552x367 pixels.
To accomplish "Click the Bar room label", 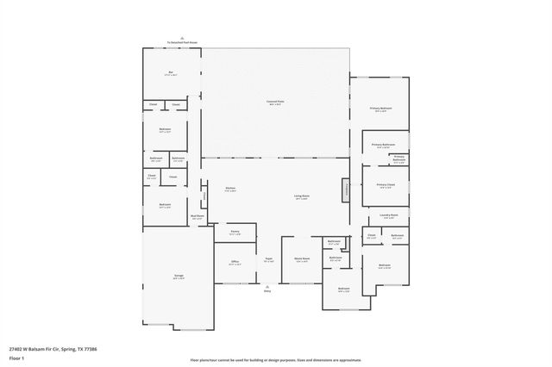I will pos(171,73).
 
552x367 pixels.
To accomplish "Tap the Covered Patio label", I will pos(274,102).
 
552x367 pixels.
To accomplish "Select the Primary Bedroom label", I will pos(380,108).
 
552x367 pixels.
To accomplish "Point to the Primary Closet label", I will pos(386,184).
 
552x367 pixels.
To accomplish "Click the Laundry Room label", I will pos(388,215).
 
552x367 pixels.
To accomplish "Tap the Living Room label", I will pos(302,196).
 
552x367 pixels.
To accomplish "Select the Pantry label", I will pos(235,232).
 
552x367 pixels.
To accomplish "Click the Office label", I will pos(234,262).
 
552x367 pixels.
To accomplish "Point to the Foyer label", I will pos(268,258).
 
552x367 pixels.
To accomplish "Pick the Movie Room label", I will pos(302,258).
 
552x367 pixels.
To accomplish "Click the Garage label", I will pos(178,277).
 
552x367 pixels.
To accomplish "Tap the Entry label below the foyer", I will pos(267,291).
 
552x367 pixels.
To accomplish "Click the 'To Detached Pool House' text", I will pos(181,41).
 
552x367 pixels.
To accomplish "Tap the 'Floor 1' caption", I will pos(16,357).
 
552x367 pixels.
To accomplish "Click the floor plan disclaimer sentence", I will pos(275,359).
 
